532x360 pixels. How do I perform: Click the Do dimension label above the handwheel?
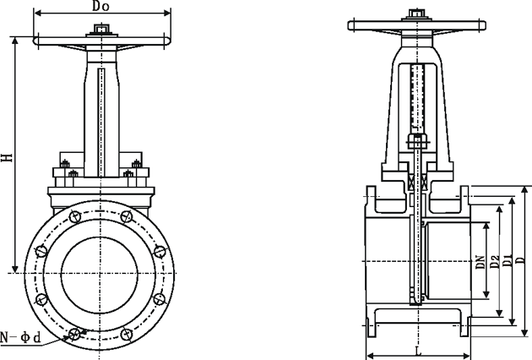click(101, 8)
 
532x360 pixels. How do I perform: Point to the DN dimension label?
click(479, 262)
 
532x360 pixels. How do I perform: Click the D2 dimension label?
click(494, 262)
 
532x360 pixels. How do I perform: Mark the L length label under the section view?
click(418, 350)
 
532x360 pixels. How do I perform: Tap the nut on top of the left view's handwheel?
click(101, 31)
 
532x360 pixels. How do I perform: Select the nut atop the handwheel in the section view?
click(416, 14)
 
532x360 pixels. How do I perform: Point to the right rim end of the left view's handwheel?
click(170, 41)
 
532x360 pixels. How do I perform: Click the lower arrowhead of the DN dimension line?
click(486, 297)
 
